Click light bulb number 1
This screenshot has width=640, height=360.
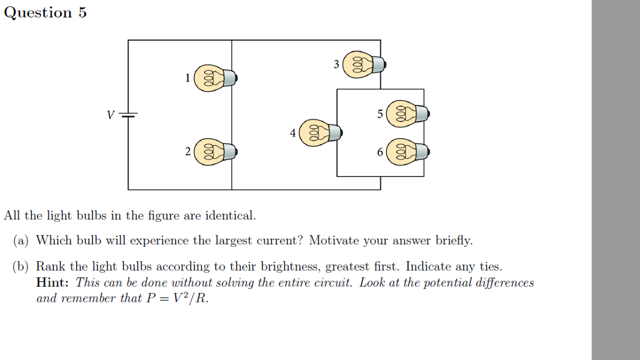pyautogui.click(x=215, y=77)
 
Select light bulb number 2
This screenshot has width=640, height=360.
pyautogui.click(x=215, y=152)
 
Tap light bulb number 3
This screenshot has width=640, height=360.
pyautogui.click(x=364, y=64)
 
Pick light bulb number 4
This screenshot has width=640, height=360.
pyautogui.click(x=320, y=133)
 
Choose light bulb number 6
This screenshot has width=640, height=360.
pyautogui.click(x=407, y=152)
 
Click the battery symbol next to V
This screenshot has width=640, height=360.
pyautogui.click(x=128, y=115)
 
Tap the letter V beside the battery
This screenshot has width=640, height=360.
pyautogui.click(x=111, y=115)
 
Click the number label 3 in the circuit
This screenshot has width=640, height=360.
pyautogui.click(x=336, y=64)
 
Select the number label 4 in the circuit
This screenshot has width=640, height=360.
pyautogui.click(x=292, y=133)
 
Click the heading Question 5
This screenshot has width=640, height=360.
pyautogui.click(x=45, y=12)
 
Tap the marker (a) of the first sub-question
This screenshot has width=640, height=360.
pyautogui.click(x=21, y=241)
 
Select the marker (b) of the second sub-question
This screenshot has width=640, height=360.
pyautogui.click(x=21, y=267)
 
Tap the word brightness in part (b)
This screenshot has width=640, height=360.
pyautogui.click(x=289, y=267)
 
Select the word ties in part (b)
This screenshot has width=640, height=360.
pyautogui.click(x=489, y=267)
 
